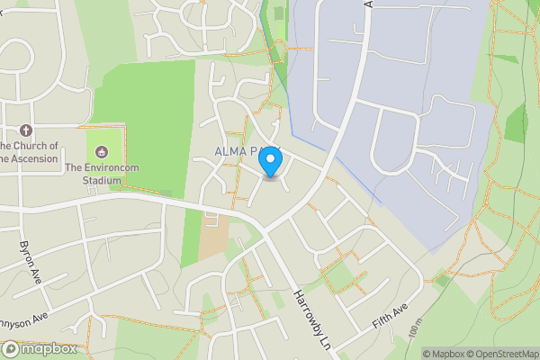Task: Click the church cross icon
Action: coord(25,131)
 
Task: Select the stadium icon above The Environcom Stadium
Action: coord(100,150)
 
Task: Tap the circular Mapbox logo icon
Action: coord(12,349)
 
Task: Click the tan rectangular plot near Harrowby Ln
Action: coord(214,238)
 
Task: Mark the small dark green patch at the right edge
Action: coord(517,126)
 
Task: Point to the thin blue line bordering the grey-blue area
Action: coord(301,135)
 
